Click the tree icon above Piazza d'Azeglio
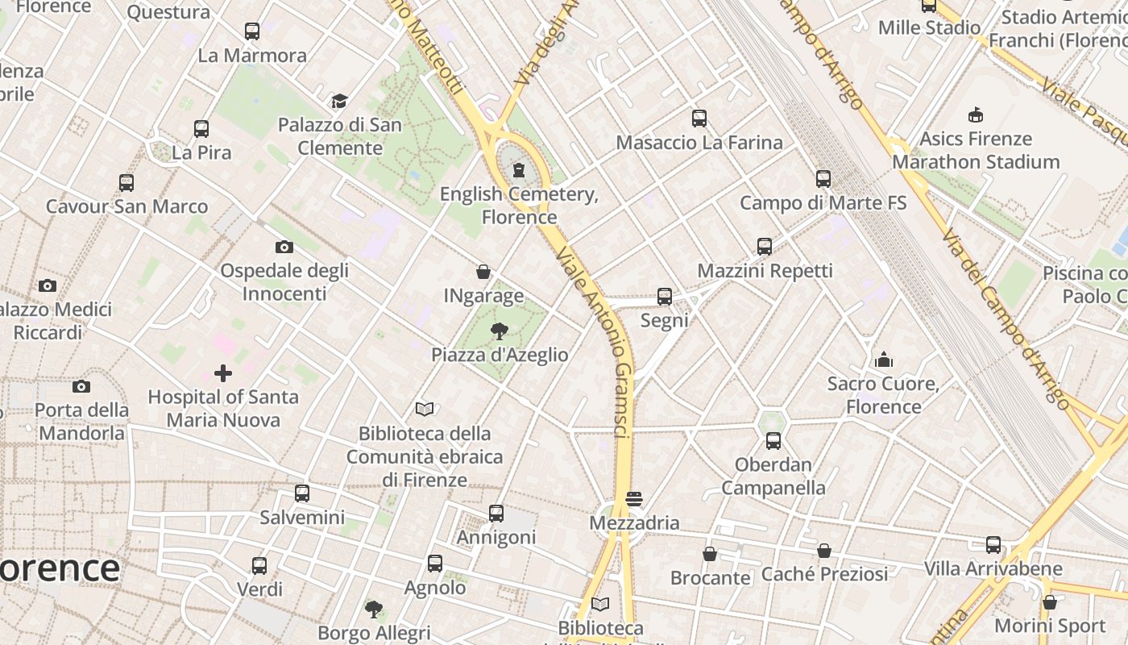[500, 331]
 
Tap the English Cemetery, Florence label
[519, 206]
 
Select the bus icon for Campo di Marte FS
[823, 179]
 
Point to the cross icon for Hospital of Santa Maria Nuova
[223, 373]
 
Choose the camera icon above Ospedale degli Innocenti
[284, 247]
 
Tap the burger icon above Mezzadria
[634, 499]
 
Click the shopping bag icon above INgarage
[483, 273]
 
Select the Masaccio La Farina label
[699, 143]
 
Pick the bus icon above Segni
[664, 297]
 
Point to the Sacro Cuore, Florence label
[883, 395]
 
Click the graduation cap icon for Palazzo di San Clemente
[339, 102]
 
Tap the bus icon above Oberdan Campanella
[773, 441]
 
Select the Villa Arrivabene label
[993, 568]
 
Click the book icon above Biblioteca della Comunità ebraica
[425, 410]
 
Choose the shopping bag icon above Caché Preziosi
[823, 551]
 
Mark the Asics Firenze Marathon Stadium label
[975, 150]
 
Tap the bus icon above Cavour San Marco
[126, 183]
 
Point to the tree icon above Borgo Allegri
[373, 609]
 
